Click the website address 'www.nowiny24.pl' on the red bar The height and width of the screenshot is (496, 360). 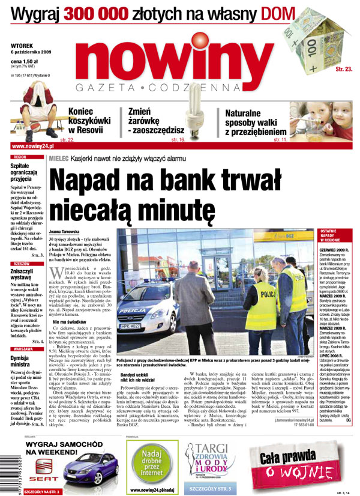pos(34,146)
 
